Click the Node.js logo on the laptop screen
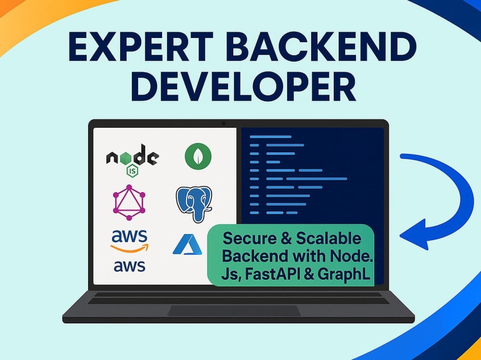click(133, 160)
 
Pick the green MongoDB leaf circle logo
click(198, 156)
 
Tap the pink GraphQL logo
click(129, 202)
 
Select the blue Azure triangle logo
click(188, 244)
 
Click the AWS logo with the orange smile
click(129, 241)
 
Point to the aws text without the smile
click(129, 266)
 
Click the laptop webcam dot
click(224, 124)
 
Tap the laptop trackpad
click(234, 310)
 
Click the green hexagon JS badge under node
click(133, 171)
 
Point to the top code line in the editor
click(270, 137)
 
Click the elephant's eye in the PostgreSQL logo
click(191, 199)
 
